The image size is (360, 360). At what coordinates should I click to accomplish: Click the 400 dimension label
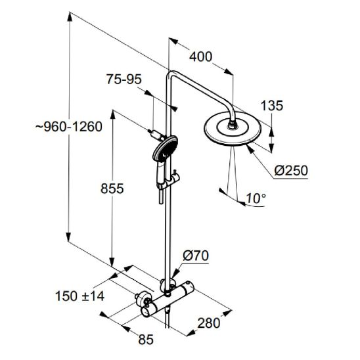(x=200, y=56)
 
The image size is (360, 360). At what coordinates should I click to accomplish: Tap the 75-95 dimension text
(x=124, y=79)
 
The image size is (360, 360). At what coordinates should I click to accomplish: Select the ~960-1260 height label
(x=69, y=127)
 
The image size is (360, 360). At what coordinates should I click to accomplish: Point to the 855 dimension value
(x=112, y=189)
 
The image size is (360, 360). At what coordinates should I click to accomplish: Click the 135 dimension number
(x=272, y=106)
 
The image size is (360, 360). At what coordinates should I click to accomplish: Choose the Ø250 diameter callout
(x=291, y=171)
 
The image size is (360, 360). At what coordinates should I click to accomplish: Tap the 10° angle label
(x=256, y=198)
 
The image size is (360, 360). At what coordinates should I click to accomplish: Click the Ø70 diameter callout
(x=196, y=256)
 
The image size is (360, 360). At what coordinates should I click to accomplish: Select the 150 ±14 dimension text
(x=80, y=296)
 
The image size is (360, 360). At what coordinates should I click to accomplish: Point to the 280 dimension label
(x=209, y=323)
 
